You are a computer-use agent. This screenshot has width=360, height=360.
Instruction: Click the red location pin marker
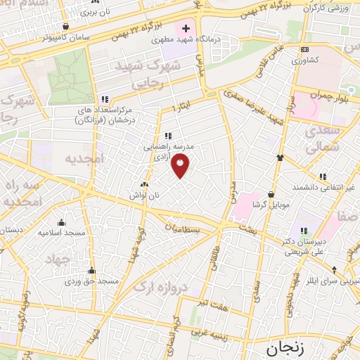(x=181, y=165)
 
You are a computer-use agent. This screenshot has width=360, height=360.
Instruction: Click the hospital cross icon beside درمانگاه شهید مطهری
(x=186, y=29)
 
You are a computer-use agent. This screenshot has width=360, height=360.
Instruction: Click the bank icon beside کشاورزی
(x=304, y=49)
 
